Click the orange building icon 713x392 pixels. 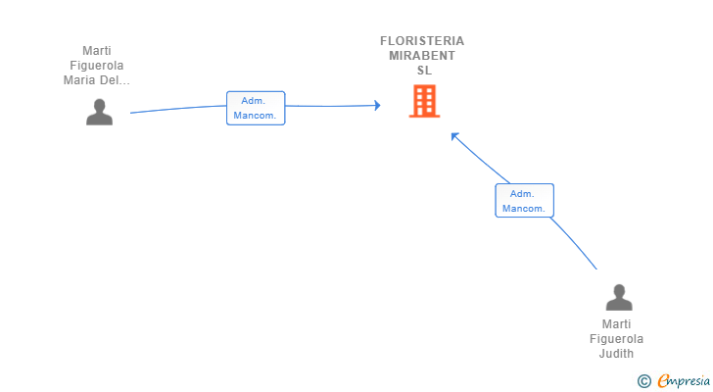424,101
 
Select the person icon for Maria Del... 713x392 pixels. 99,113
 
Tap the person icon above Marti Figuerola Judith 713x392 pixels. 618,298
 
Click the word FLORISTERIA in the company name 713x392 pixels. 422,41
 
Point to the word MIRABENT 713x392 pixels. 422,56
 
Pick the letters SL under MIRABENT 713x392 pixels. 423,71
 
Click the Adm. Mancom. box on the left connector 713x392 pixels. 256,108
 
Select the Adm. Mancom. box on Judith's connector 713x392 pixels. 524,201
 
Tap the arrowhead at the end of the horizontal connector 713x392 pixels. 376,105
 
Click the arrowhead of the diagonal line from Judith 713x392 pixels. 454,136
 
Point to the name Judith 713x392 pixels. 617,354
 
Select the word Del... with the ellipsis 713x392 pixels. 114,80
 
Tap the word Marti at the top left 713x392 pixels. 96,51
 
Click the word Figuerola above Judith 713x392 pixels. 617,339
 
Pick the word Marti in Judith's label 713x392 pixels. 617,324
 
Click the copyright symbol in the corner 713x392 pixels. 643,381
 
